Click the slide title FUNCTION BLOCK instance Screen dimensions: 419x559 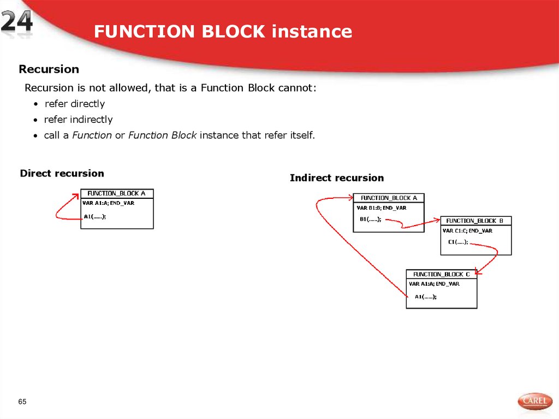click(223, 32)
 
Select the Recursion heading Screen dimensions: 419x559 click(49, 69)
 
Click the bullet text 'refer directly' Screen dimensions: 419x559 click(74, 104)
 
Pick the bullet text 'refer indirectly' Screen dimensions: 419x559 click(78, 120)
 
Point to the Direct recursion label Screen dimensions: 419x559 click(62, 174)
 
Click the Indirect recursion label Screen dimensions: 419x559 click(336, 178)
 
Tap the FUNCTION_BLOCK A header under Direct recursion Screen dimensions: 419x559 click(117, 193)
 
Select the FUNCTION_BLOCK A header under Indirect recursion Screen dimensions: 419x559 click(389, 198)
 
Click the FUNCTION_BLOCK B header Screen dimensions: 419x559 click(475, 221)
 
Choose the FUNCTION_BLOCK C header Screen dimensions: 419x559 click(442, 274)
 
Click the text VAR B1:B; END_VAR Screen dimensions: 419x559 click(381, 208)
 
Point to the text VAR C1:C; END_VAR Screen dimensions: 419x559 click(467, 231)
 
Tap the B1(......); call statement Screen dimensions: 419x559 click(370, 220)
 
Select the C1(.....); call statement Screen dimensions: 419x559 click(457, 242)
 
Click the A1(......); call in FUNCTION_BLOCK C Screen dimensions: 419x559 click(425, 297)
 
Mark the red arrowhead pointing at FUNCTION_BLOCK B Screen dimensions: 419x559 click(437, 220)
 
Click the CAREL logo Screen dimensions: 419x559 click(534, 402)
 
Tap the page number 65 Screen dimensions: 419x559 click(22, 402)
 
